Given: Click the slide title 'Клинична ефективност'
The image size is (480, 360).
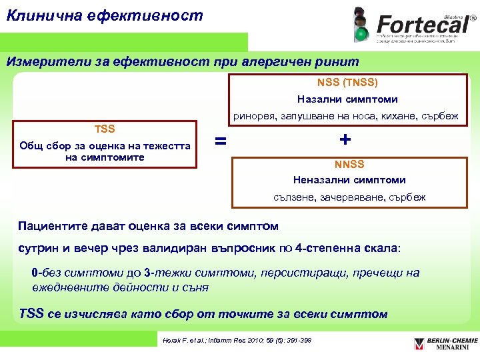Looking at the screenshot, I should pos(104,15).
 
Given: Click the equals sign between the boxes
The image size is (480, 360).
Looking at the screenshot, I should pos(219,141).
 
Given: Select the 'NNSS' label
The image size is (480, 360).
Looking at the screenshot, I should pos(349,164).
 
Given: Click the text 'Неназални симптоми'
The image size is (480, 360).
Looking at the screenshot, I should pos(349,180).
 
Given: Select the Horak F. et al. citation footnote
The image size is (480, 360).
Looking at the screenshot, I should pos(237,341).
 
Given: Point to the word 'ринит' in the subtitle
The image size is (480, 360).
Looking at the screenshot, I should pos(339,62).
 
